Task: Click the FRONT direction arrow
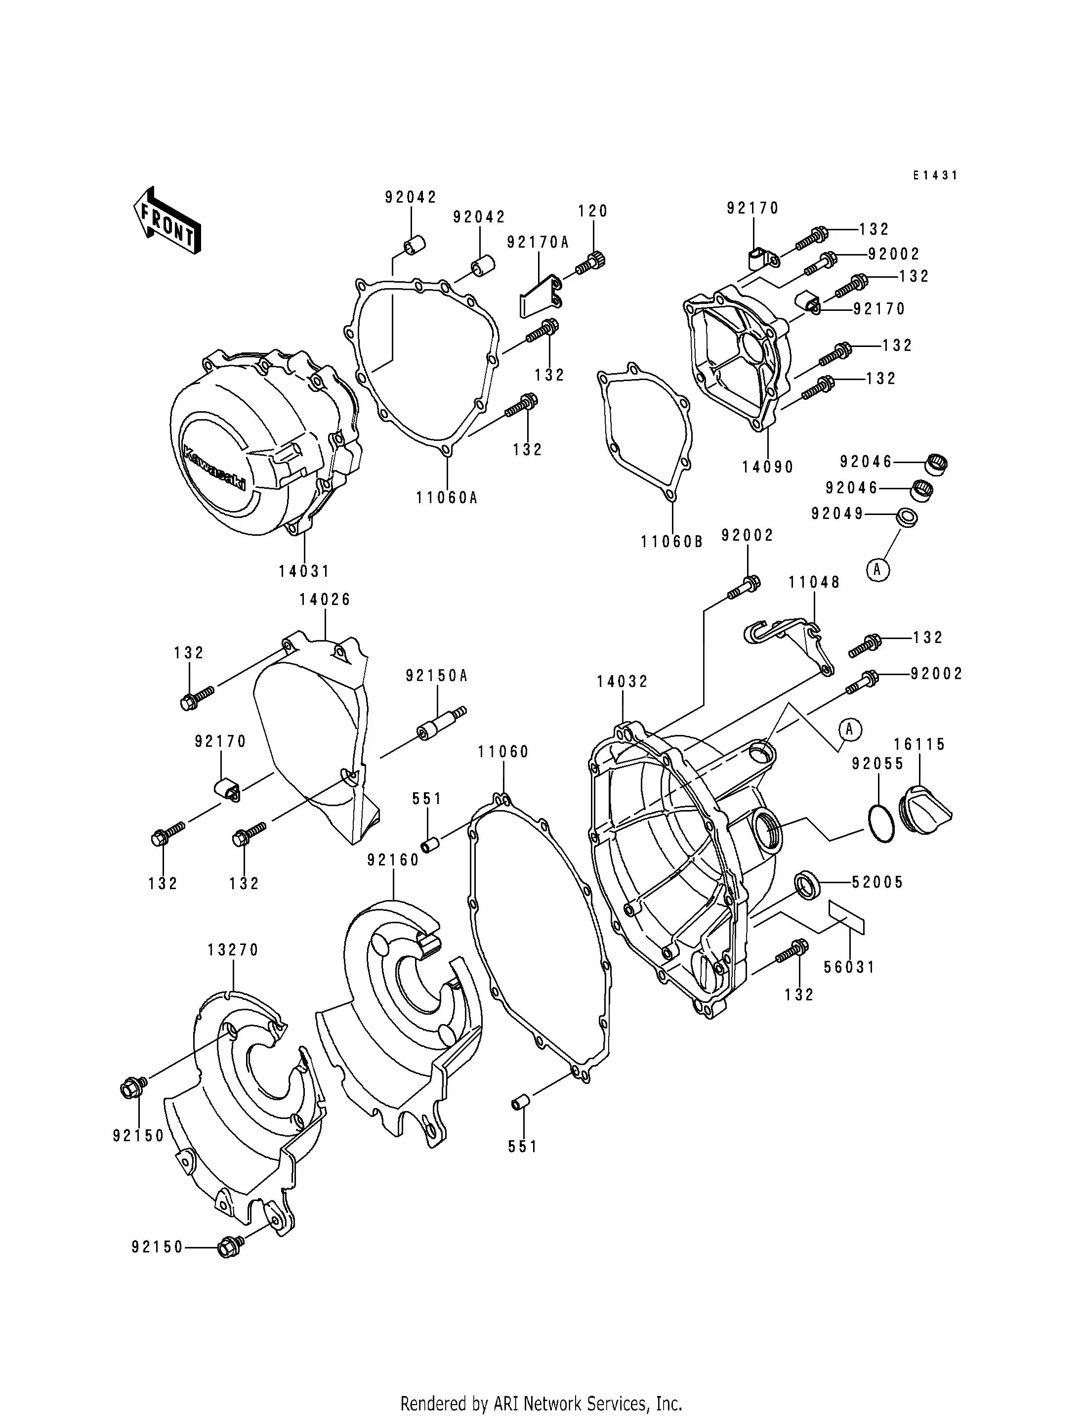(167, 222)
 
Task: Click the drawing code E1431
(935, 175)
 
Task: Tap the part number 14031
(304, 571)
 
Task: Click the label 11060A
(447, 497)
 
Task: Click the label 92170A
(538, 243)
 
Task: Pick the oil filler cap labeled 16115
(924, 806)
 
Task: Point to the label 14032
(622, 682)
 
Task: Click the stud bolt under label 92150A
(442, 723)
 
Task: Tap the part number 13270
(233, 950)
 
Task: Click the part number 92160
(393, 860)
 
